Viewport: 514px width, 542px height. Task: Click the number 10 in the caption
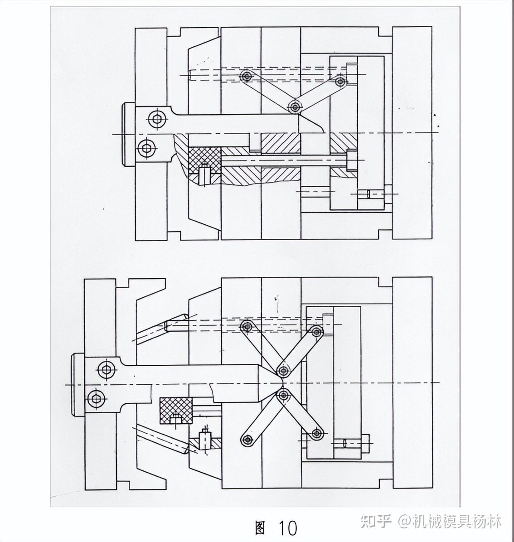(288, 528)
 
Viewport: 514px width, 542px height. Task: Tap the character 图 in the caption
(260, 527)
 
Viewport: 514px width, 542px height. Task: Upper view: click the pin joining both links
(295, 107)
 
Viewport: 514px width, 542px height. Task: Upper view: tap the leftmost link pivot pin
(247, 76)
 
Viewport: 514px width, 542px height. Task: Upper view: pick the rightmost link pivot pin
(340, 82)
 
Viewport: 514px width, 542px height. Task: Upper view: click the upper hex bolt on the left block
(157, 119)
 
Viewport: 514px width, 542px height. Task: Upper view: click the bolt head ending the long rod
(352, 160)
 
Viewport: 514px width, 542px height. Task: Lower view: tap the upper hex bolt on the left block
(107, 369)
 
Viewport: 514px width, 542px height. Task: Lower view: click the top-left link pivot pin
(247, 326)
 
